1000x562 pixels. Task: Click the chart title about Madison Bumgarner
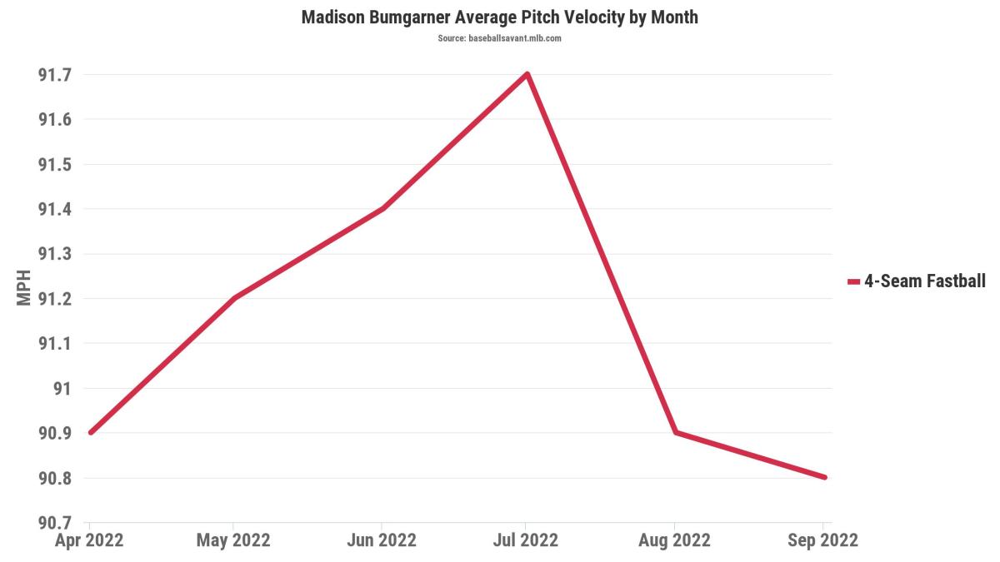499,17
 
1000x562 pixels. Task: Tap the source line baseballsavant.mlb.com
499,39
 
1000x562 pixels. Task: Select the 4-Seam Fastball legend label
925,281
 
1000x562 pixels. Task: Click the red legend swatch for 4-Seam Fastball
853,282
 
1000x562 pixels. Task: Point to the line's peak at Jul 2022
527,74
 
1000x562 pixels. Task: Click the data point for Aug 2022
675,432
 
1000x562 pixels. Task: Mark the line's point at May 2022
233,298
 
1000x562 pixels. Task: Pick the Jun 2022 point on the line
382,208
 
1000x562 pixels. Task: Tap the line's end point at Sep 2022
823,477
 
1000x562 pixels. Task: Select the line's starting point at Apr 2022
89,432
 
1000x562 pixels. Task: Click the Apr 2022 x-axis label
89,540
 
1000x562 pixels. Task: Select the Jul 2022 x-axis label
527,540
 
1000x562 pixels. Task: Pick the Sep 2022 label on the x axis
823,540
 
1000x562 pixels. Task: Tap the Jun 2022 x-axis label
381,540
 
